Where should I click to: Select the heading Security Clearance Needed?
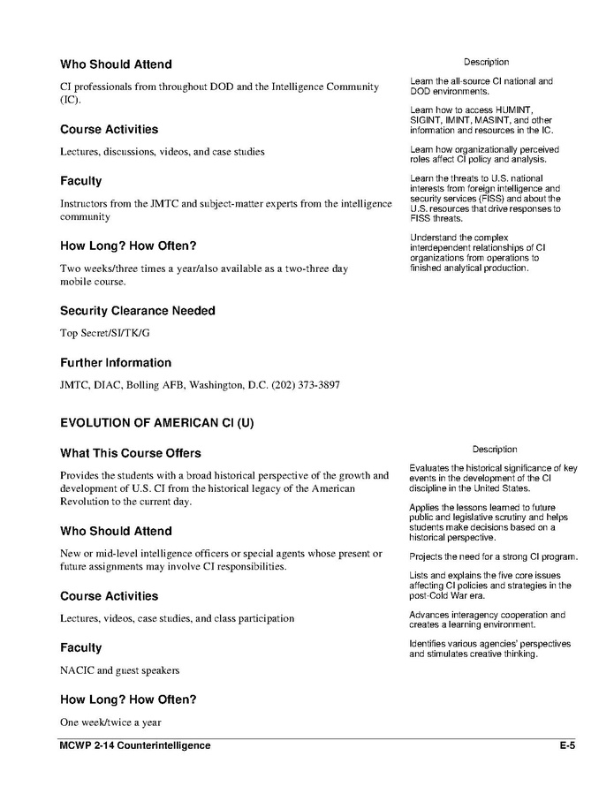click(137, 311)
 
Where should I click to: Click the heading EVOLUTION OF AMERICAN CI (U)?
click(156, 423)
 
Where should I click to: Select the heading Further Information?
click(116, 363)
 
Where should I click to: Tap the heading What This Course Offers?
click(124, 453)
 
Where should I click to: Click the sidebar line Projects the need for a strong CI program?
click(493, 556)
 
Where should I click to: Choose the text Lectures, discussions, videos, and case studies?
click(162, 152)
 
